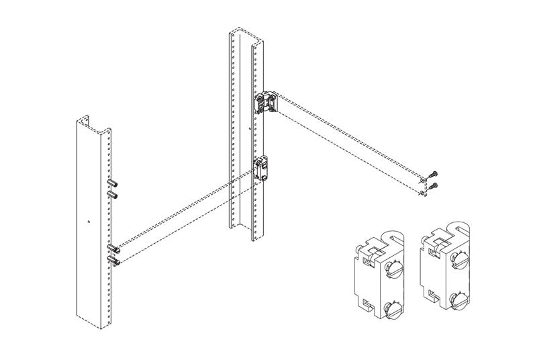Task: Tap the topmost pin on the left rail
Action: [x=112, y=183]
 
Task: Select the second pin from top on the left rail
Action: [x=112, y=195]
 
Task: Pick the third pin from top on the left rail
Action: [x=112, y=248]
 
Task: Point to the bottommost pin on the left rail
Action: [x=112, y=259]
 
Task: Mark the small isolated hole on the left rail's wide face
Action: [x=89, y=221]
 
